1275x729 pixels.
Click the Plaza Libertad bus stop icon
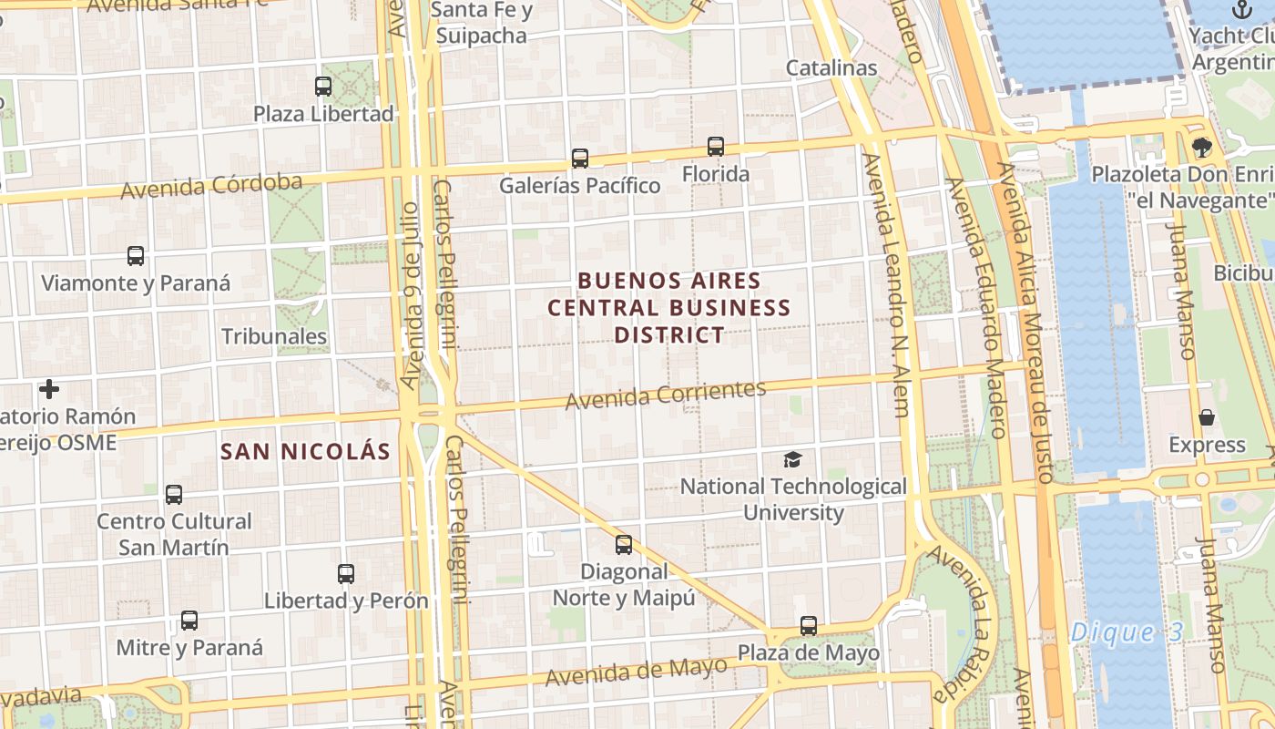coord(323,87)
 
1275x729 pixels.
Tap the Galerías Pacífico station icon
coord(580,159)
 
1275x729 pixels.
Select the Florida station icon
coord(716,147)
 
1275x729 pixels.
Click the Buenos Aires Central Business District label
coord(669,308)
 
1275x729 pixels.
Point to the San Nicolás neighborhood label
coord(305,451)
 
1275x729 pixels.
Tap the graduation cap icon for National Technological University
coord(793,460)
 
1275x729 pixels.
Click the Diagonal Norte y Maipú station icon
coord(624,545)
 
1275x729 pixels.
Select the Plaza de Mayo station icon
coord(809,626)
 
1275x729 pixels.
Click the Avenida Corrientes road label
coord(666,395)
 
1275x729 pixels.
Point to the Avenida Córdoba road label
coord(211,187)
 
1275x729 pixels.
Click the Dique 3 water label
coord(1125,632)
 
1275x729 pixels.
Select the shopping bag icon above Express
coord(1207,418)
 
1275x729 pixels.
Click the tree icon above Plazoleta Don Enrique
coord(1202,147)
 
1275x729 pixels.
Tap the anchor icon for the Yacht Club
coord(1241,10)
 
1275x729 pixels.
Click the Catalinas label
coord(831,67)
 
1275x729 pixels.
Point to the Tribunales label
coord(274,336)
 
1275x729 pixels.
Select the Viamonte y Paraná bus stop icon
coord(136,256)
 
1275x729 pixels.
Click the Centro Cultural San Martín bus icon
coord(174,495)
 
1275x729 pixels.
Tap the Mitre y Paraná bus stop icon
coord(189,621)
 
